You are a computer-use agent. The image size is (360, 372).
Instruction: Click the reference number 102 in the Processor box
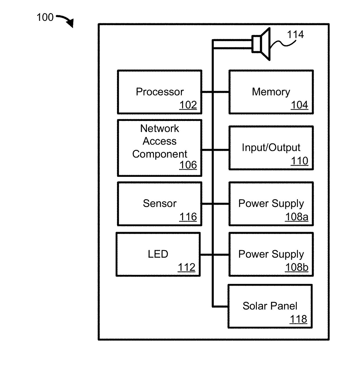188,105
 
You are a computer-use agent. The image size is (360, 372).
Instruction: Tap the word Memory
271,92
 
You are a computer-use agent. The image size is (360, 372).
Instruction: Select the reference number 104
299,105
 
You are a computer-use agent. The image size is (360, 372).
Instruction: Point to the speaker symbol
261,44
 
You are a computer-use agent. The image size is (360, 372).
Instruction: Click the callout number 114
295,35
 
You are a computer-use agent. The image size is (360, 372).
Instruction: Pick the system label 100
45,17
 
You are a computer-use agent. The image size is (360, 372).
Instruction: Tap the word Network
159,128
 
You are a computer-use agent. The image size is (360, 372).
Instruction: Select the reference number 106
188,165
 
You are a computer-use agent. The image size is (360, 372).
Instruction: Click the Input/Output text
271,148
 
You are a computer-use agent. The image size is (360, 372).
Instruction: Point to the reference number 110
299,161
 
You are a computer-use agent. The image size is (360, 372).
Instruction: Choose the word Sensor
159,204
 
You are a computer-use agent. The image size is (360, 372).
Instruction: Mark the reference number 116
188,217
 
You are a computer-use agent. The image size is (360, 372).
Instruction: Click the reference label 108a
296,217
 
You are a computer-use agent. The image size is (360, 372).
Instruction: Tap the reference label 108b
296,267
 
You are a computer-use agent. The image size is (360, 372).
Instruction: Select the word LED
158,254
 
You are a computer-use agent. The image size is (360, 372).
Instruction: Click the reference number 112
186,267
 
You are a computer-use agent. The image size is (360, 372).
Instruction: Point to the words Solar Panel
270,306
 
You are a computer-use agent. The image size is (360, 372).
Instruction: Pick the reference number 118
298,319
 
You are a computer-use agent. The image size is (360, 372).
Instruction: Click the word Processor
160,92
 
